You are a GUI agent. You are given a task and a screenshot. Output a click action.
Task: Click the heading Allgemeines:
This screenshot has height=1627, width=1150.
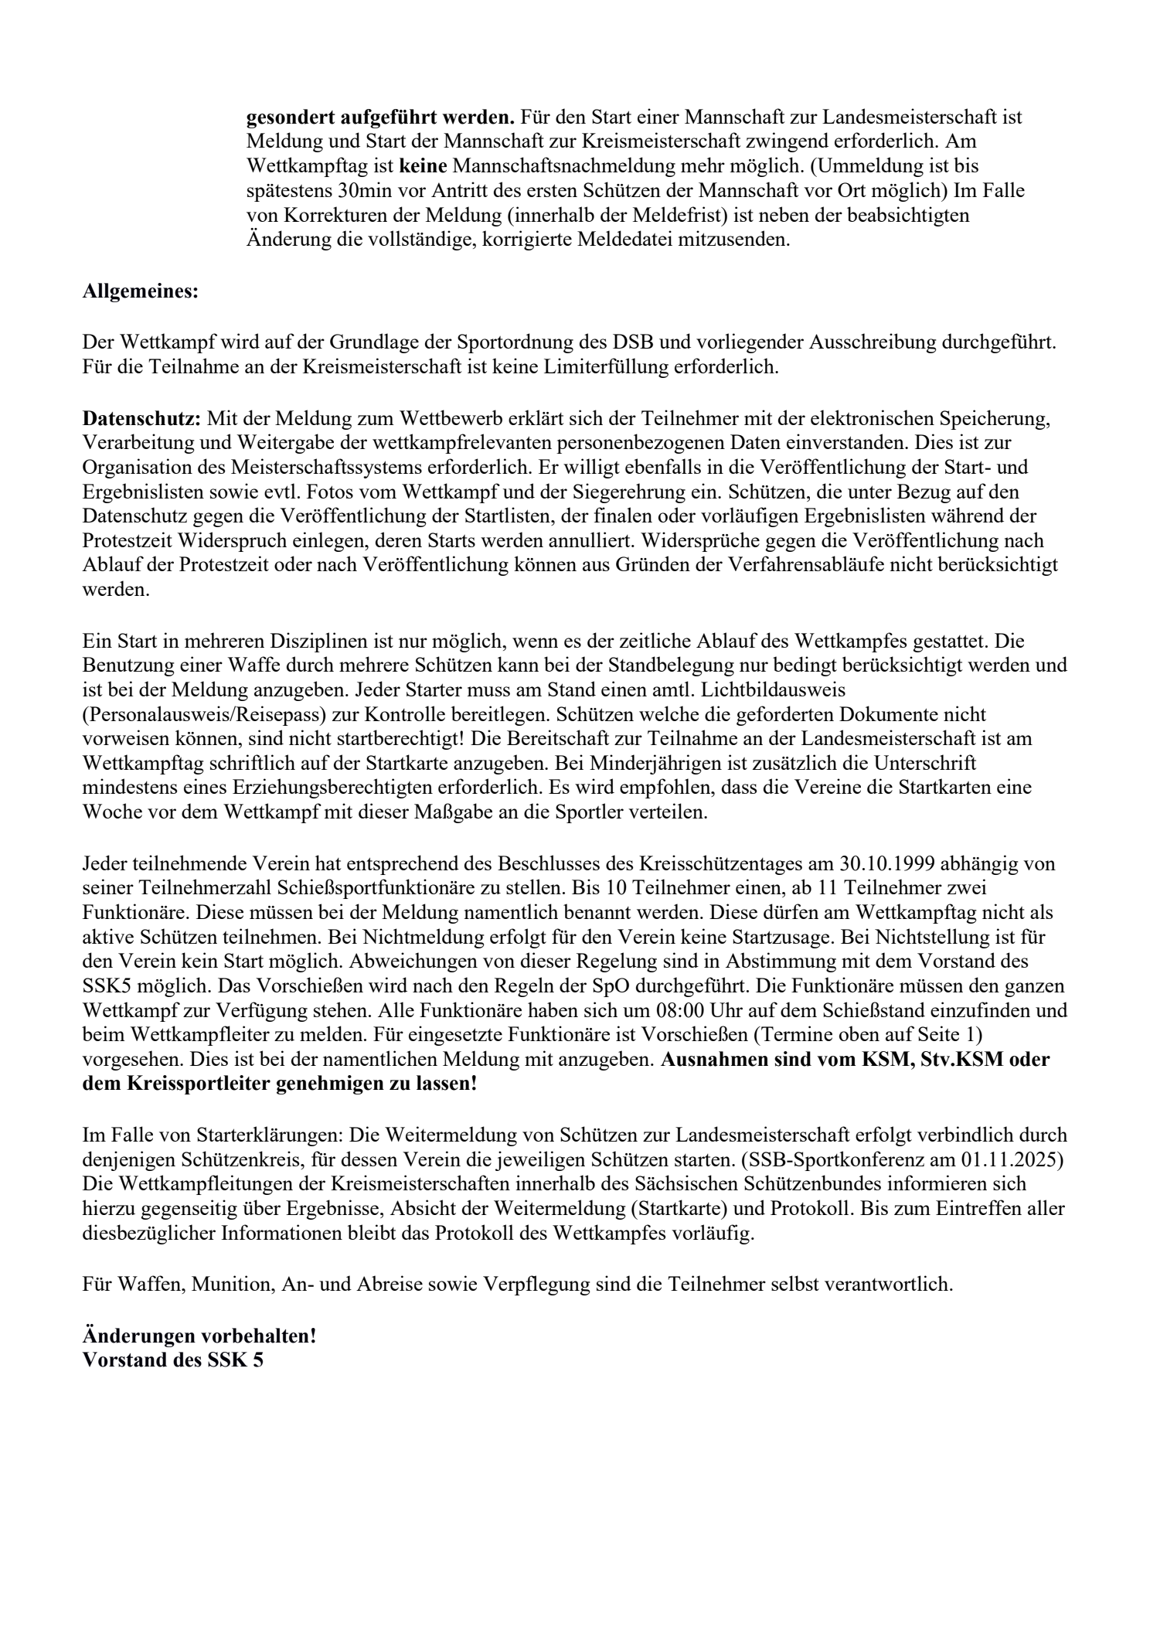click(x=141, y=293)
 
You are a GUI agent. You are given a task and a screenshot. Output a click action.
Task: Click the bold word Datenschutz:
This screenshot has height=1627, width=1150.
click(x=141, y=419)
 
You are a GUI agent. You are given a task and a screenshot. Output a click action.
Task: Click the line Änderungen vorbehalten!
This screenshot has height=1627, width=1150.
click(x=199, y=1335)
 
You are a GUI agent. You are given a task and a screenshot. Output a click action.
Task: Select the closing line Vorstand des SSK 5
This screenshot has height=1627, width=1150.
click(x=173, y=1360)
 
